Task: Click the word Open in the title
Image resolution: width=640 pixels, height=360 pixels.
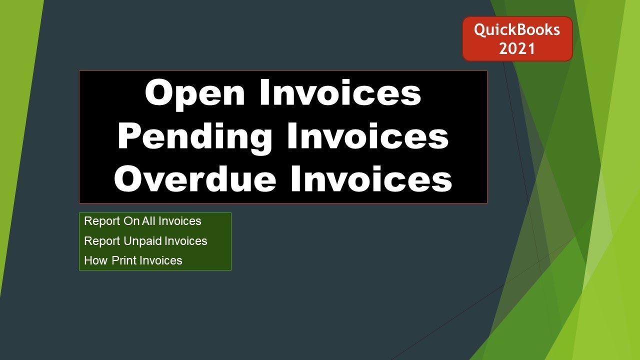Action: [x=195, y=93]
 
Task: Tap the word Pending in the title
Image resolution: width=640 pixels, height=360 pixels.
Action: [x=194, y=137]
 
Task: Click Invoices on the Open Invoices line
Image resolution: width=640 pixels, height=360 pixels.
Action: [x=340, y=92]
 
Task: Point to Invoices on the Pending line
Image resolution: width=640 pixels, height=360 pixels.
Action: [x=368, y=136]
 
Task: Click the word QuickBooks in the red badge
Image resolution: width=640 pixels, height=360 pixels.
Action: [x=517, y=30]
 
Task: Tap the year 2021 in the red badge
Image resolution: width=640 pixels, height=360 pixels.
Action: [x=517, y=48]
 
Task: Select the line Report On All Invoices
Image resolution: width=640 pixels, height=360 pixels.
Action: [x=142, y=221]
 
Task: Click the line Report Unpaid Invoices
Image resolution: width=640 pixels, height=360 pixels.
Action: [x=145, y=241]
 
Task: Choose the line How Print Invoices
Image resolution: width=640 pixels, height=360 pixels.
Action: [x=133, y=260]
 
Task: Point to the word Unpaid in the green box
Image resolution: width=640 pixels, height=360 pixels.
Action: [x=143, y=241]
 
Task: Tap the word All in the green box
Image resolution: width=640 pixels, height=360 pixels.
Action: [x=149, y=221]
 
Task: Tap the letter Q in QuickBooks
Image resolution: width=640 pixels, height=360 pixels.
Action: [x=479, y=30]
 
